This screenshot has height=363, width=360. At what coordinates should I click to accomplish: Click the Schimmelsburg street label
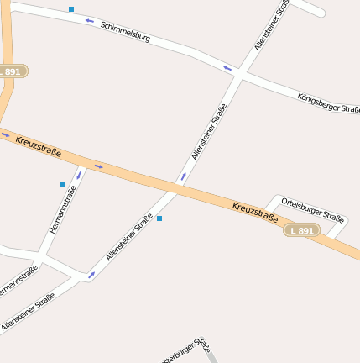[125, 31]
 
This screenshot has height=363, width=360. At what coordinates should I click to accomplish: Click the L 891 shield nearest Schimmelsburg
[11, 72]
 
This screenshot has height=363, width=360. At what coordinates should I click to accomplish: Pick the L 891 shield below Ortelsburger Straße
[301, 230]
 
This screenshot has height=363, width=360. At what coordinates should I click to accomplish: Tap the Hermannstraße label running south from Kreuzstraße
[62, 209]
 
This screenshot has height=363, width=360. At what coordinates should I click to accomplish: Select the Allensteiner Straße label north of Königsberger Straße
[272, 26]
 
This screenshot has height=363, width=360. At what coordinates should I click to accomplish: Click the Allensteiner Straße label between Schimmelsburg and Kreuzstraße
[209, 132]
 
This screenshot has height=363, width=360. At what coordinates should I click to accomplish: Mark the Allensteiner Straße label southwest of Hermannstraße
[28, 312]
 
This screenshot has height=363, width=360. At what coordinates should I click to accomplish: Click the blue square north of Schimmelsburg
[71, 9]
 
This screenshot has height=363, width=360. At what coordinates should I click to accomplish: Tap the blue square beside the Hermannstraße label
[62, 183]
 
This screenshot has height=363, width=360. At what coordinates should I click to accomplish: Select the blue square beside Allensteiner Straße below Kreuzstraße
[159, 218]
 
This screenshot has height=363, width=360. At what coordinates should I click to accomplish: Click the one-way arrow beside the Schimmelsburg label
[89, 20]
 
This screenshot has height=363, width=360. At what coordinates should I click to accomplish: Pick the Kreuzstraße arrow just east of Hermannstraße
[98, 166]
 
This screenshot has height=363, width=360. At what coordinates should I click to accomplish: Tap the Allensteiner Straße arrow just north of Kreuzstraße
[184, 176]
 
